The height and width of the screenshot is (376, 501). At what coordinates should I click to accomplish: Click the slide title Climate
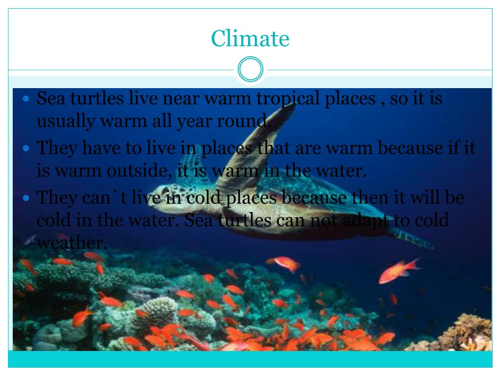[250, 38]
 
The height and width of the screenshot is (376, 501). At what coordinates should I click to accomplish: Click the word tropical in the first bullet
[288, 99]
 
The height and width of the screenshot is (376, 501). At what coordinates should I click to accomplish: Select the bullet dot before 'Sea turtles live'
[27, 98]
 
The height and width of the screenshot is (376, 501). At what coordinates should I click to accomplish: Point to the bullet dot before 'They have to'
[27, 147]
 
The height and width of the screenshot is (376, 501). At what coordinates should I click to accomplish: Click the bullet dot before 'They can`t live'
[27, 198]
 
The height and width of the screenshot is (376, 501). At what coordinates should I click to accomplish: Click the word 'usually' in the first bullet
[66, 120]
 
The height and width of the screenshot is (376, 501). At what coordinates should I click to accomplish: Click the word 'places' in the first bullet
[349, 99]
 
